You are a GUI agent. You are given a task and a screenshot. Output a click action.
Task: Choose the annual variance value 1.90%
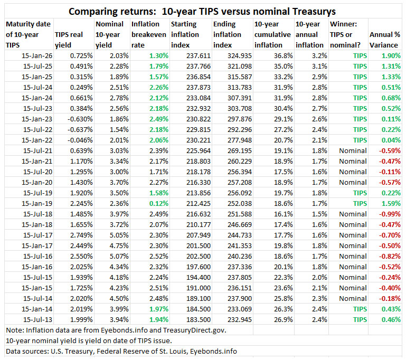(391, 55)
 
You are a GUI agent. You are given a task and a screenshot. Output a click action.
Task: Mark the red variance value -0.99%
(390, 214)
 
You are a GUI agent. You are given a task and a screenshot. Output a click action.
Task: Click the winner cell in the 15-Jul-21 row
(353, 150)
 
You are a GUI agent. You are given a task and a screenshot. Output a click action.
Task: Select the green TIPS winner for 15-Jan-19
(360, 203)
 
